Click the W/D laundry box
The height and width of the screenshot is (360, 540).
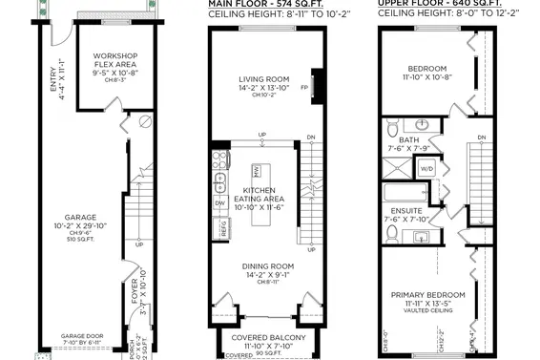[x=426, y=168]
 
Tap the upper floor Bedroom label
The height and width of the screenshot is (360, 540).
[x=428, y=70]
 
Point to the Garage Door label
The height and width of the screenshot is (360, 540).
[x=81, y=337]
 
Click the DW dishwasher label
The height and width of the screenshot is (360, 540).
[x=218, y=203]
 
